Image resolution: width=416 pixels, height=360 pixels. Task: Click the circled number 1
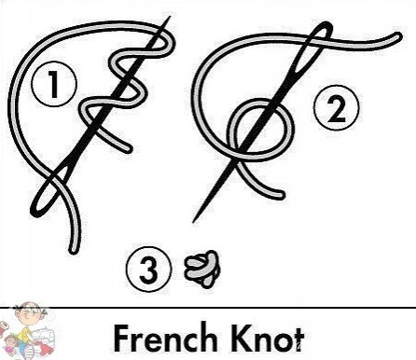[x=54, y=84]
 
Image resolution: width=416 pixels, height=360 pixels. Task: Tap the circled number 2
[x=336, y=107]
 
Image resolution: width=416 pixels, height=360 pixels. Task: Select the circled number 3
[x=148, y=269]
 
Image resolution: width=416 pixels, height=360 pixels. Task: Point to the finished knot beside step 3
[x=203, y=269]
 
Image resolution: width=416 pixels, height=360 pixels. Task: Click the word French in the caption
[x=165, y=338]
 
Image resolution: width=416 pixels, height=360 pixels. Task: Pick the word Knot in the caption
[x=269, y=338]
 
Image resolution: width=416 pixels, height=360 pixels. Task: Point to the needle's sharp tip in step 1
[x=170, y=17]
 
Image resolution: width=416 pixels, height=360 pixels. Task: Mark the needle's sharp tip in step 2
[x=193, y=221]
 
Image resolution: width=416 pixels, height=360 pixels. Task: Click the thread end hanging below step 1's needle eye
[x=73, y=249]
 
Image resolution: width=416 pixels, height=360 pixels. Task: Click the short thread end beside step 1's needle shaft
[x=128, y=148]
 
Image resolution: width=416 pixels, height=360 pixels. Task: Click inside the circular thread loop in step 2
[x=261, y=129]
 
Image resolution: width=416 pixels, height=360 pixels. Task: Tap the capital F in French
[x=121, y=338]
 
